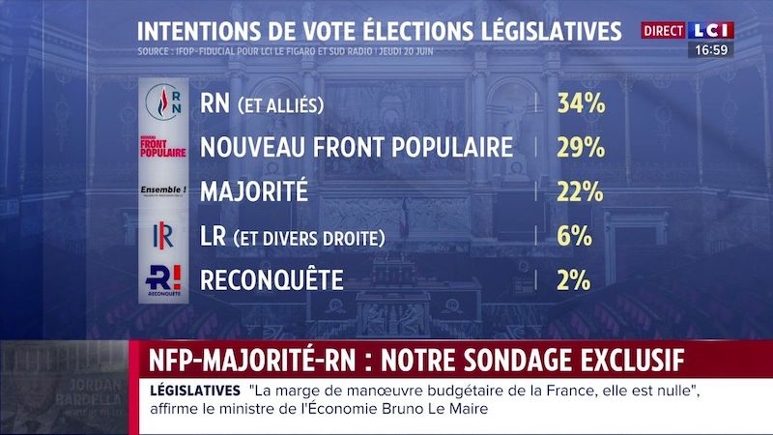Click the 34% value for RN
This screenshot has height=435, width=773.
tap(580, 103)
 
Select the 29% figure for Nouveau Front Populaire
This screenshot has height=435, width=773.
tap(580, 148)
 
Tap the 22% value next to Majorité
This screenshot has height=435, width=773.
tap(580, 192)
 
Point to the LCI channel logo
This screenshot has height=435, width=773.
tap(712, 30)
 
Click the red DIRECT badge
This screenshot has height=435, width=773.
tap(664, 31)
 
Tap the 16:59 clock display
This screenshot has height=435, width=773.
tap(710, 48)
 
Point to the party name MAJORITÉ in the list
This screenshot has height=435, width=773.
tap(253, 192)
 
